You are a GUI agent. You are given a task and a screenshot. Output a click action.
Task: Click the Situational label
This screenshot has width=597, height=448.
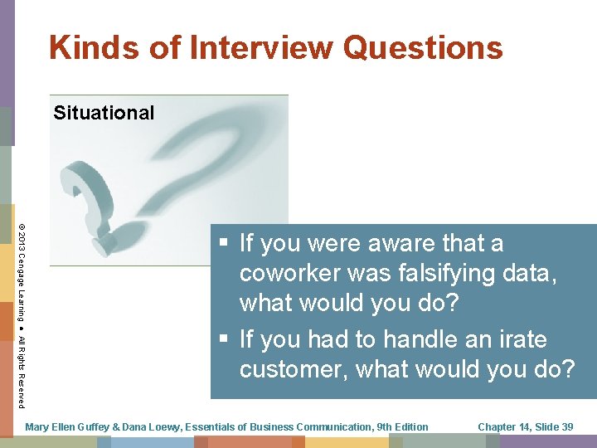(x=104, y=113)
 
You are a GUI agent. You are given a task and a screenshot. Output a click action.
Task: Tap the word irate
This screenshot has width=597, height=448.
(x=519, y=339)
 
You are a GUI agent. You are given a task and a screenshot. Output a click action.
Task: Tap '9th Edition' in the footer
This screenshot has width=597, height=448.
(x=402, y=427)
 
